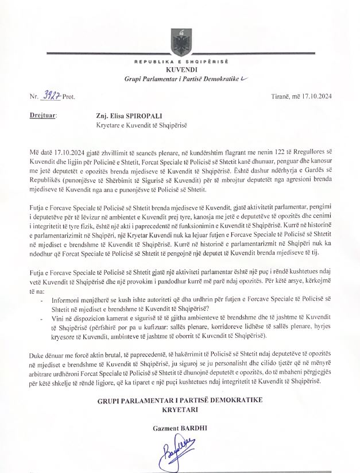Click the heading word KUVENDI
180,69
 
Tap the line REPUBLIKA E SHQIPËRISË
180,61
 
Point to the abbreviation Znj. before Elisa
104,115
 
